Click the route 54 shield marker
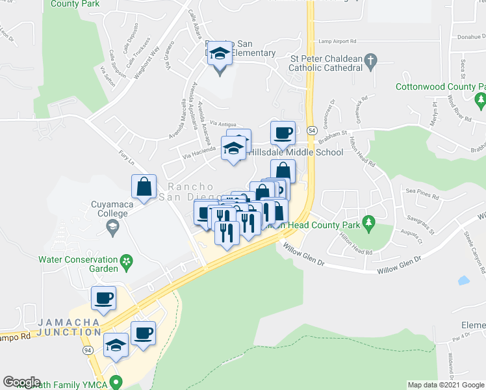(x=313, y=131)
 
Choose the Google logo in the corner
(x=21, y=382)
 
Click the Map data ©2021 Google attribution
(x=445, y=385)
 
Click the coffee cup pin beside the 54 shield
(x=283, y=134)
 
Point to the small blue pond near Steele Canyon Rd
(x=463, y=281)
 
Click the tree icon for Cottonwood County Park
(x=480, y=100)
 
